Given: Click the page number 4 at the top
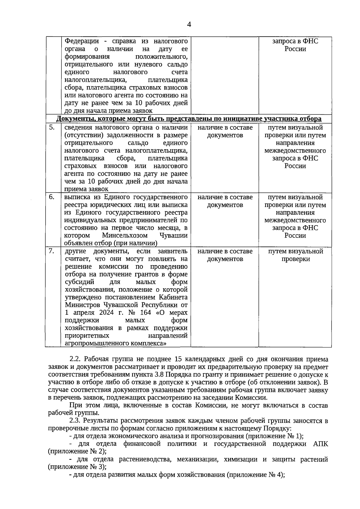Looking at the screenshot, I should [189, 25].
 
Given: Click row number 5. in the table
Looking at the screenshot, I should [52, 127].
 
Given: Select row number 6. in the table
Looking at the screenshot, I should [52, 197].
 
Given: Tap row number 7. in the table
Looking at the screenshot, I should [52, 251].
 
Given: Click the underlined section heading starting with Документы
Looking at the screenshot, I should [189, 119].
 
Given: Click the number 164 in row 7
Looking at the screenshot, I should [145, 313].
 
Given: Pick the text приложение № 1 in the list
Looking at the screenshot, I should [280, 436].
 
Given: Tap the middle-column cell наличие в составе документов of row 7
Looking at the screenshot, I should [225, 255].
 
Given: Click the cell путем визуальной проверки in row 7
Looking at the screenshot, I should [295, 255].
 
